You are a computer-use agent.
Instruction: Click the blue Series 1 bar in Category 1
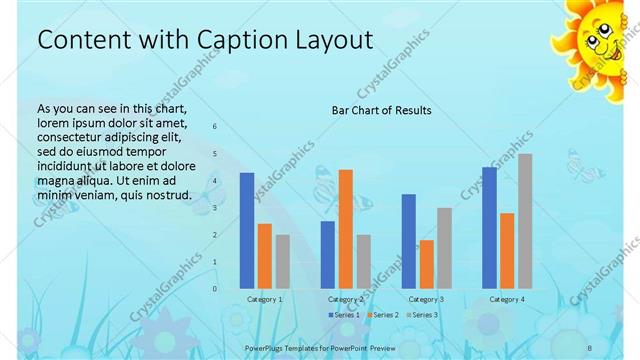click(x=247, y=231)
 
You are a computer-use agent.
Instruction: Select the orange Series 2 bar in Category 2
click(x=346, y=229)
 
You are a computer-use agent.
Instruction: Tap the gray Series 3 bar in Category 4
click(x=526, y=221)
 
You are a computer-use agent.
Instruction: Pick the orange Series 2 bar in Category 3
click(x=427, y=264)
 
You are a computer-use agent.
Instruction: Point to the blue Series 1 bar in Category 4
click(x=489, y=228)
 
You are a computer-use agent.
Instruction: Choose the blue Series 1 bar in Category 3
click(x=408, y=241)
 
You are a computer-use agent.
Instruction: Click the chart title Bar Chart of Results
click(x=381, y=111)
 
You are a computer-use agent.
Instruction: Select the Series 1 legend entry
click(x=344, y=315)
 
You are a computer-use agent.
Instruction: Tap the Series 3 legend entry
click(x=422, y=315)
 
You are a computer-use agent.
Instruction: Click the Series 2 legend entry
click(x=383, y=315)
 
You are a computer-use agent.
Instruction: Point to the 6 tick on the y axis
click(x=214, y=127)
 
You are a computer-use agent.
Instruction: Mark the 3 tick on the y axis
click(x=214, y=208)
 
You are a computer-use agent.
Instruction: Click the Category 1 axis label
click(x=265, y=299)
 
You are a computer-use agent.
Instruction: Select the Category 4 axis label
click(x=508, y=299)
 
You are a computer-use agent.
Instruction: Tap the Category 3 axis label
click(x=427, y=299)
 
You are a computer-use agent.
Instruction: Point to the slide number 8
click(x=589, y=346)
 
